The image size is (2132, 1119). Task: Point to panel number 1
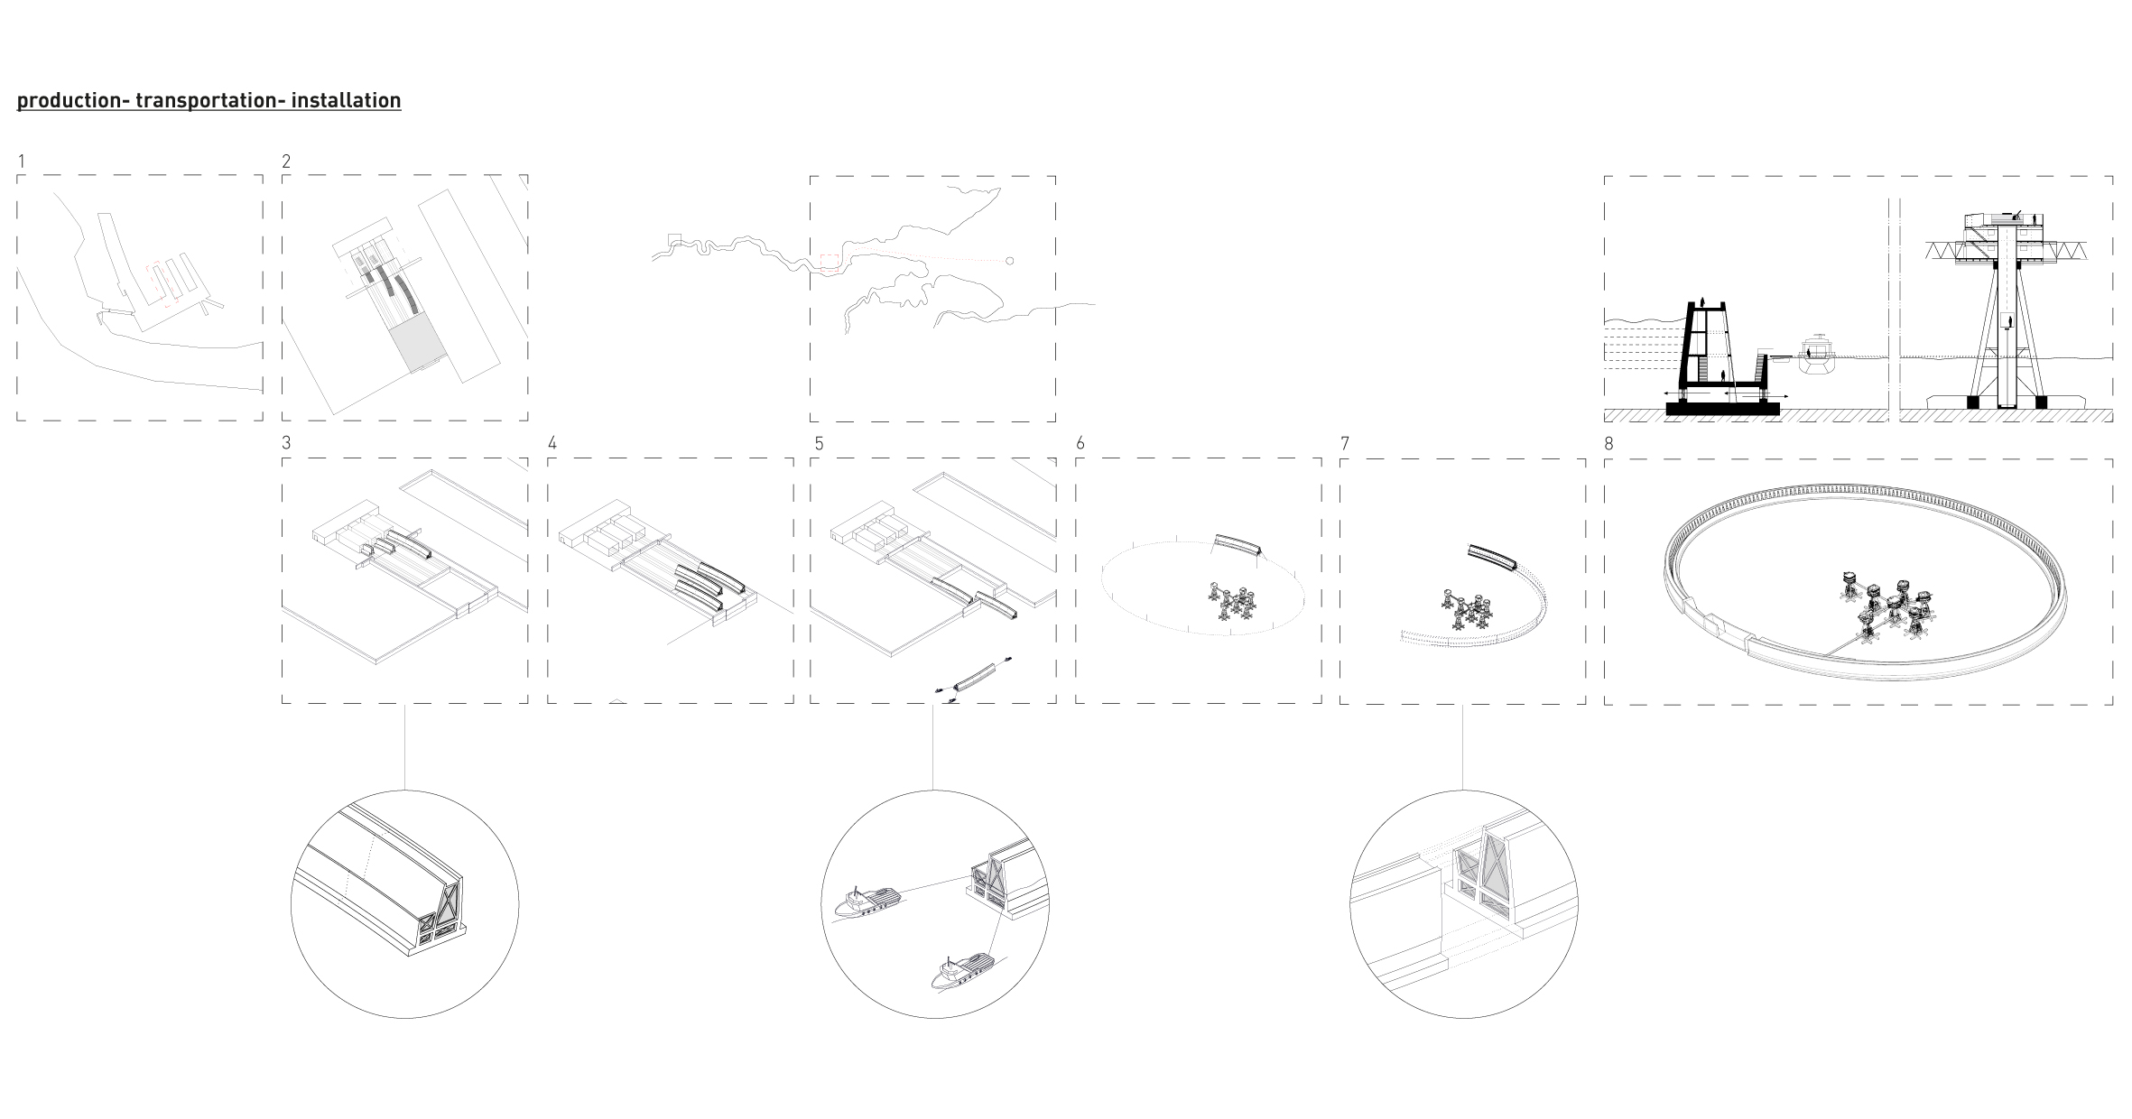point(21,162)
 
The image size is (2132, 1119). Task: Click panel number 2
point(286,162)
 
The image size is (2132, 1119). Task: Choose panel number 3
point(286,443)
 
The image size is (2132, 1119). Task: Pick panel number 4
point(552,443)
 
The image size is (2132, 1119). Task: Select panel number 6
point(1080,443)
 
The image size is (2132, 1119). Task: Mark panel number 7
point(1345,443)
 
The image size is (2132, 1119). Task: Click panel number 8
point(1609,443)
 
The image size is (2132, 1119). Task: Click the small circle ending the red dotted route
point(1009,261)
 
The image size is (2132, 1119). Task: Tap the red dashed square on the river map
point(830,264)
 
